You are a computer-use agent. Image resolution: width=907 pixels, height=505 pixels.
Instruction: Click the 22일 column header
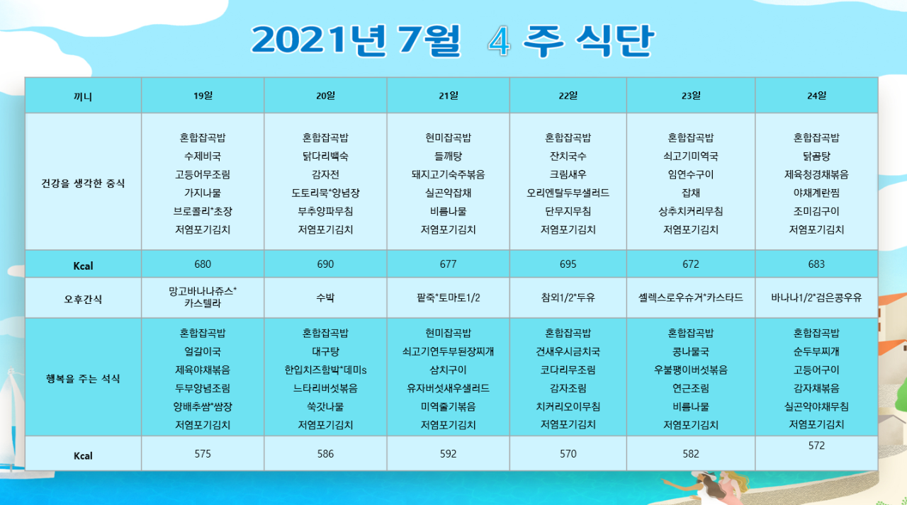click(x=568, y=96)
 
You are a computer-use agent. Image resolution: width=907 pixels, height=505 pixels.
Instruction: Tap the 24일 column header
click(x=816, y=96)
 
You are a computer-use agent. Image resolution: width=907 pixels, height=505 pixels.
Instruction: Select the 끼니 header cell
click(x=83, y=96)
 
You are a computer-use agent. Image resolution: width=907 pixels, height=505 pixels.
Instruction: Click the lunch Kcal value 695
click(x=568, y=264)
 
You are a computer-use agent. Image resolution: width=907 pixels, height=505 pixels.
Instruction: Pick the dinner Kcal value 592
click(x=448, y=453)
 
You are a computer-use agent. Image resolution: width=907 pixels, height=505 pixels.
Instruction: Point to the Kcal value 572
click(x=816, y=446)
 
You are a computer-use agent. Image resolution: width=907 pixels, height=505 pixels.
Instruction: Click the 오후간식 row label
click(x=83, y=299)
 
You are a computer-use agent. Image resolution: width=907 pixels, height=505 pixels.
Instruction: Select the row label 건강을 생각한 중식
click(x=83, y=183)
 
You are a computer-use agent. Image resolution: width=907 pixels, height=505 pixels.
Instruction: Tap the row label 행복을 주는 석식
click(x=83, y=379)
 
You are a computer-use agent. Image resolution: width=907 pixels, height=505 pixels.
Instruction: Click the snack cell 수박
click(x=325, y=297)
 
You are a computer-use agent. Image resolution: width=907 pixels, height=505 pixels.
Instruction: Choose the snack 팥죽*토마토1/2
click(x=448, y=297)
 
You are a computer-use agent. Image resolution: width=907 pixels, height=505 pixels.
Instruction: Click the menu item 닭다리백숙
click(x=325, y=157)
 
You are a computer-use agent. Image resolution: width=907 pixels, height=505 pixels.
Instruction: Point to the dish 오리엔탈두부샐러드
click(x=568, y=193)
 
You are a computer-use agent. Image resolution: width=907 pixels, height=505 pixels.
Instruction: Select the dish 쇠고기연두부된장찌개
click(x=448, y=351)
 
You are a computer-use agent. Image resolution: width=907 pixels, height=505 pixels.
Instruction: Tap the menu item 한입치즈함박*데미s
click(x=325, y=370)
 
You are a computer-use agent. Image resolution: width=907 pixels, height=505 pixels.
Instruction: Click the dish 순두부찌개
click(x=816, y=351)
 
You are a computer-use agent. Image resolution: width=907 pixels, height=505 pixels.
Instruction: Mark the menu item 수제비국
click(x=203, y=157)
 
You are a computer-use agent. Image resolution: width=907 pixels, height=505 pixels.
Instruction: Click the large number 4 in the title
click(x=499, y=41)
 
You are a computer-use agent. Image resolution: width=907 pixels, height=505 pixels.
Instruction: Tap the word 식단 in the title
click(x=614, y=40)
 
